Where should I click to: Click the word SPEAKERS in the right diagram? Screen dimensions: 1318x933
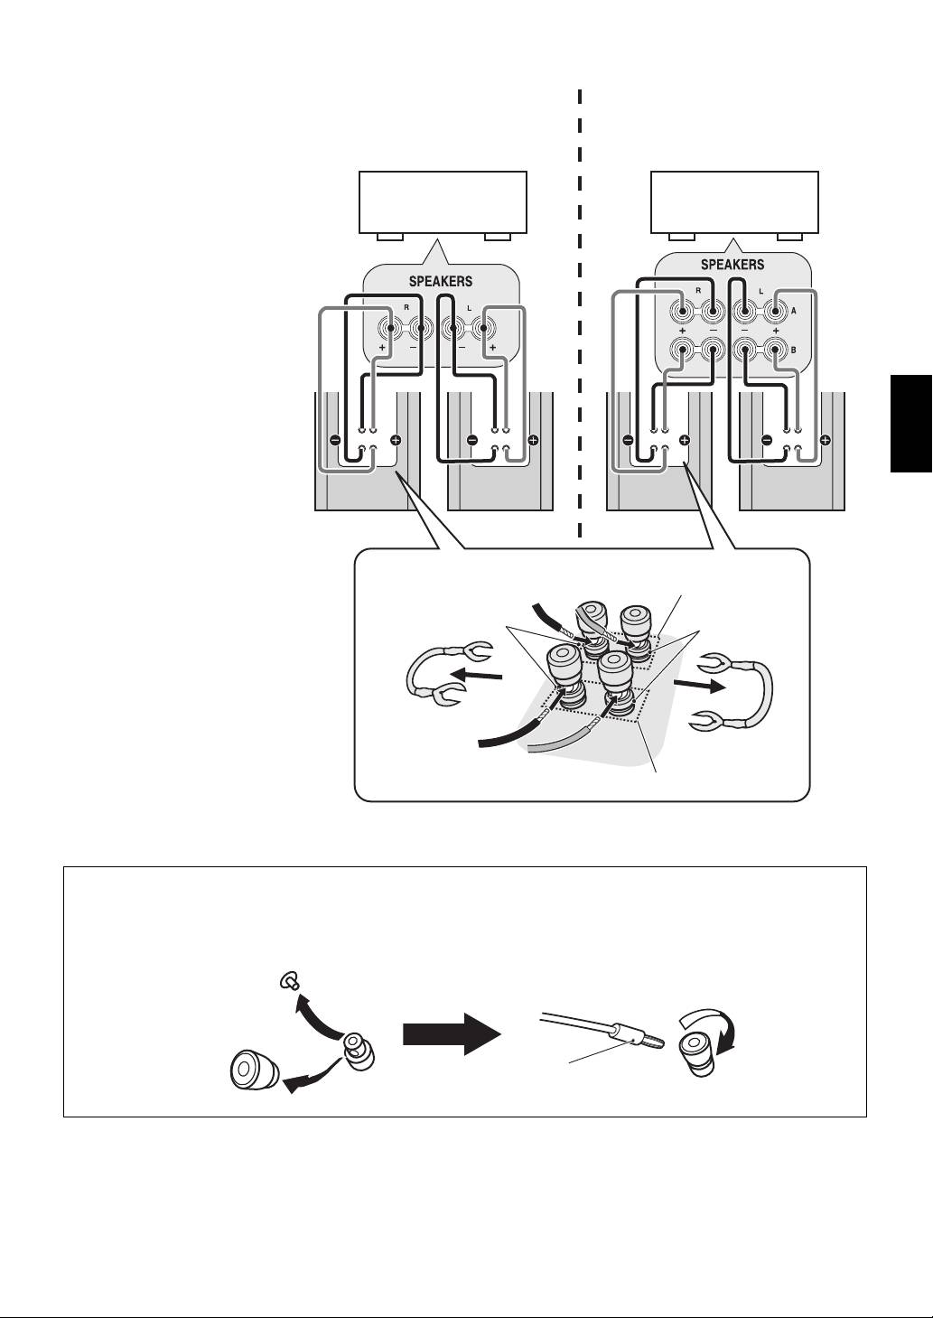tap(732, 265)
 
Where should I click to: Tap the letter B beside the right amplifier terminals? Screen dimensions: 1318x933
tap(793, 348)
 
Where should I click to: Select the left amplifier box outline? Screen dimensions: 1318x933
tap(443, 202)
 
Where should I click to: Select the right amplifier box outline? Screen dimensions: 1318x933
tap(734, 202)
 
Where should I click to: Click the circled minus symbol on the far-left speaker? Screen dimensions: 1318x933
tap(334, 442)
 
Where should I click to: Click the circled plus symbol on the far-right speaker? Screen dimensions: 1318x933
tap(825, 442)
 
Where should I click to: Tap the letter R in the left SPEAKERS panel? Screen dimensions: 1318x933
tap(406, 308)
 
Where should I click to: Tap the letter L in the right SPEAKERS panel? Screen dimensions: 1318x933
tap(760, 292)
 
